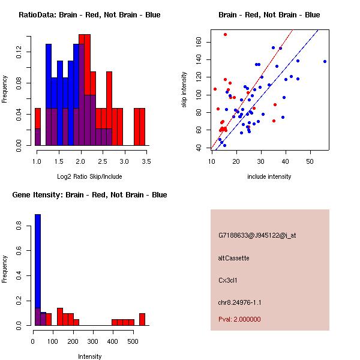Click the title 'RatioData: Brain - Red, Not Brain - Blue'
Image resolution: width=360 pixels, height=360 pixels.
click(89, 15)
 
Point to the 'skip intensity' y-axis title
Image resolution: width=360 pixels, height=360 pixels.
click(185, 90)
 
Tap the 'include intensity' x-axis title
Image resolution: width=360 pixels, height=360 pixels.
click(269, 176)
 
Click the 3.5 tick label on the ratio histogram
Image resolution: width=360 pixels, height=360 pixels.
click(146, 162)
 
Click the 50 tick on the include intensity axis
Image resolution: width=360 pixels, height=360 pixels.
click(310, 161)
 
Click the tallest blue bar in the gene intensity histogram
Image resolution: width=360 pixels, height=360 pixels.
click(37, 270)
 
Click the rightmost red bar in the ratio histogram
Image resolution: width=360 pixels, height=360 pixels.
click(143, 127)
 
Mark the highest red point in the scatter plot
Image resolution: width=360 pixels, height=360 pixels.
click(225, 34)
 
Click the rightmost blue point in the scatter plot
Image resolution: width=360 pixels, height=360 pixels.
click(325, 61)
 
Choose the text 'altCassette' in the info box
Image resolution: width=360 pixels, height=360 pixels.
click(234, 258)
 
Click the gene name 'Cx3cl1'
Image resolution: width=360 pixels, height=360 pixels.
click(228, 280)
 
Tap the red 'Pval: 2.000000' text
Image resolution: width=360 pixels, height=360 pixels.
click(240, 319)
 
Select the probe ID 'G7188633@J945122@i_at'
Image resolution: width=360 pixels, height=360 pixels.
click(257, 235)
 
